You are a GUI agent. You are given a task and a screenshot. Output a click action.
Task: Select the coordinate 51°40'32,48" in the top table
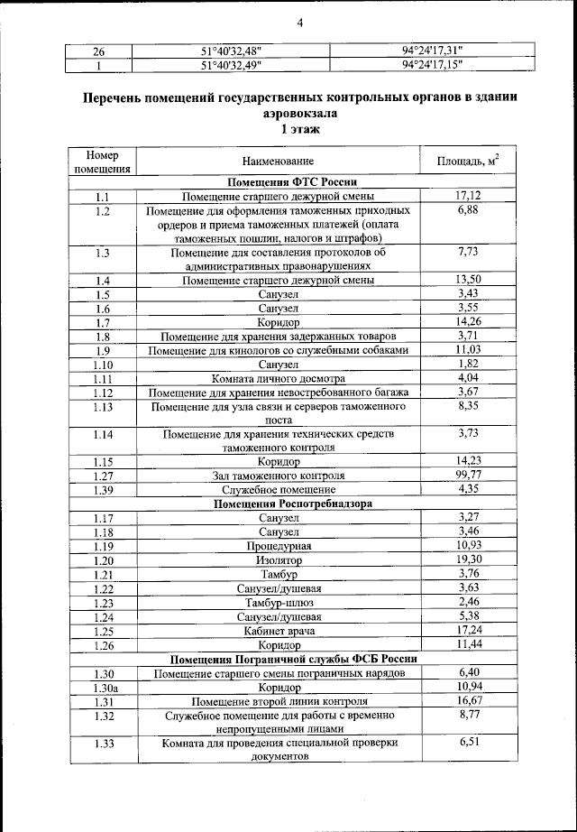point(234,51)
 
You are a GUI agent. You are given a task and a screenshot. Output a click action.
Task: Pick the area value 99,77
point(467,474)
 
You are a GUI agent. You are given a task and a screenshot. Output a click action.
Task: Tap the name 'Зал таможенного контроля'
point(279,475)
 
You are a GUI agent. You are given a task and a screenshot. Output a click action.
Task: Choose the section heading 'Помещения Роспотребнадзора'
point(279,503)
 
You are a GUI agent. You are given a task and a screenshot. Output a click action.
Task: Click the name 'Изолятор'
point(279,559)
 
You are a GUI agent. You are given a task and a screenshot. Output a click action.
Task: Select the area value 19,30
point(467,559)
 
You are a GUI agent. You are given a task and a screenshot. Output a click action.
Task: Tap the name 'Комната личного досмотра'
point(279,378)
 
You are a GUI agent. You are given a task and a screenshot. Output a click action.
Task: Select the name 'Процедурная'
point(279,546)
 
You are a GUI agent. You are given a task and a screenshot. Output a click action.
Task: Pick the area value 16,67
point(467,700)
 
